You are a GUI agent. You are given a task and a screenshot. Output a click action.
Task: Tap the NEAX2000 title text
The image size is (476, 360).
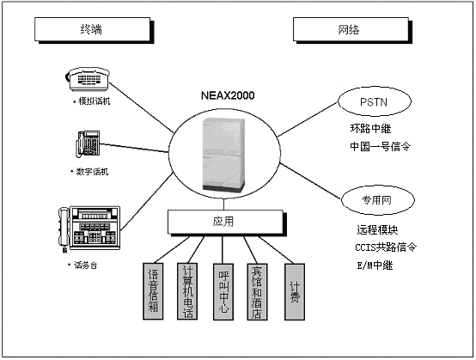(x=228, y=95)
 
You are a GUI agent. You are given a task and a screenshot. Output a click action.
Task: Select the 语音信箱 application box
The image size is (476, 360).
(x=153, y=291)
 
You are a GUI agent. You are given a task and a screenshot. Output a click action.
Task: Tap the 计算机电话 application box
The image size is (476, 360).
(x=187, y=291)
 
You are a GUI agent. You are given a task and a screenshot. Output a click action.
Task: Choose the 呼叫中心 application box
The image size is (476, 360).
(x=223, y=292)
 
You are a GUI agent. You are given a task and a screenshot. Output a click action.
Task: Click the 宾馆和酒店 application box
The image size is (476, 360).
(x=257, y=292)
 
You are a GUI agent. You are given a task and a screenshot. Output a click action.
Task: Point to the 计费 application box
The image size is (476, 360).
(x=295, y=292)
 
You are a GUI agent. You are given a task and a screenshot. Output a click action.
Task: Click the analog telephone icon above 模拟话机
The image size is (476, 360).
(x=88, y=79)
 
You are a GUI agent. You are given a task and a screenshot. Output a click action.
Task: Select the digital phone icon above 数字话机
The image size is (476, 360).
(x=88, y=143)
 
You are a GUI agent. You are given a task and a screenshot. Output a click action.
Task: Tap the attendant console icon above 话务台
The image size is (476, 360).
(x=89, y=229)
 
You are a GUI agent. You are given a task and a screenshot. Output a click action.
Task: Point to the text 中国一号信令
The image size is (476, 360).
(x=380, y=147)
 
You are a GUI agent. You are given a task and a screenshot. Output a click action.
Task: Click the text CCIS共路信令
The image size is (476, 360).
(x=386, y=247)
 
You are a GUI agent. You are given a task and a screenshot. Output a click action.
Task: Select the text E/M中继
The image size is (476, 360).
(x=375, y=265)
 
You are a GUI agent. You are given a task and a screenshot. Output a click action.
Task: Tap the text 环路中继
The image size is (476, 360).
(x=370, y=129)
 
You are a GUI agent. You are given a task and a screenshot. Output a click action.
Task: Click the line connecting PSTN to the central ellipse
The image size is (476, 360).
(x=308, y=119)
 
